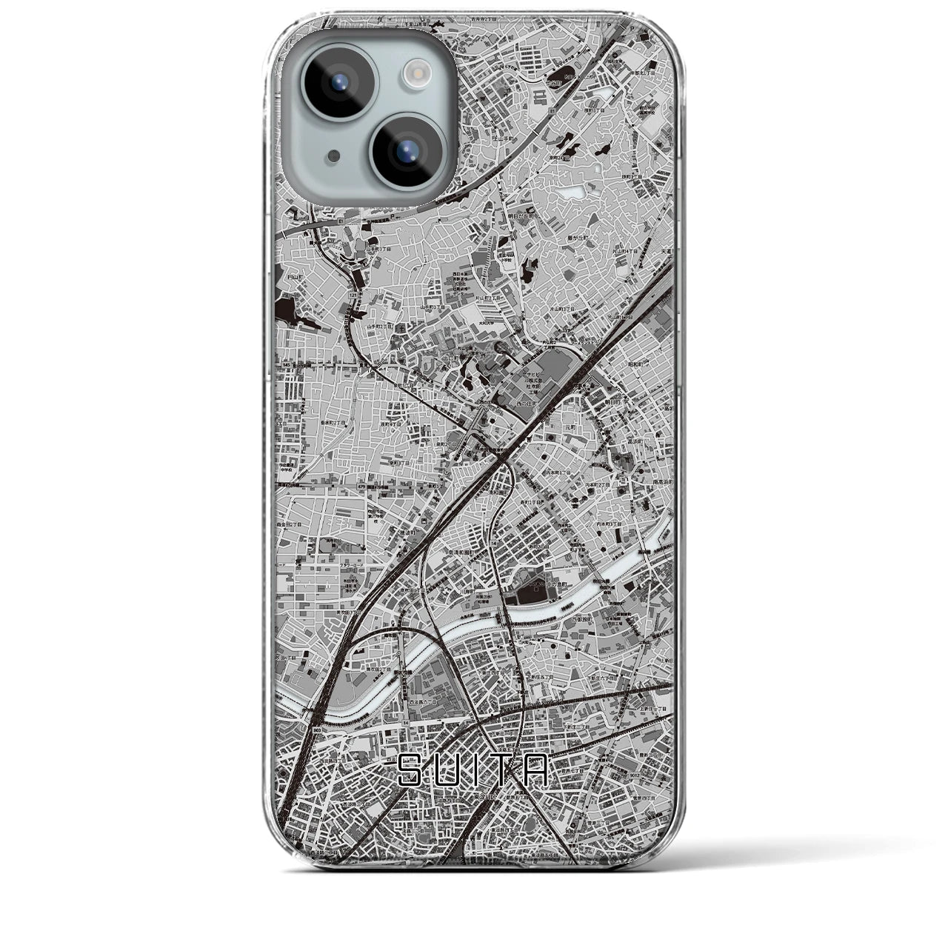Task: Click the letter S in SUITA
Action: tap(412, 770)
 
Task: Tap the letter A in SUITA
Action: tap(538, 770)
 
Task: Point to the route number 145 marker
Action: tap(285, 364)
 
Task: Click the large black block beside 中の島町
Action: tap(531, 592)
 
